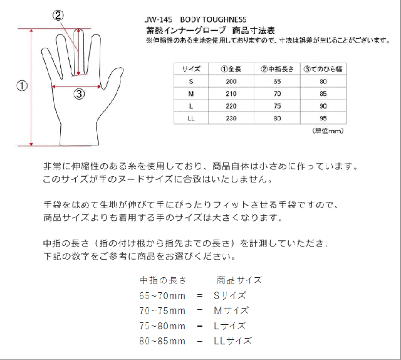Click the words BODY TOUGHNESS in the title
[x=212, y=19]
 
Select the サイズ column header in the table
[x=191, y=69]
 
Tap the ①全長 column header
[x=232, y=69]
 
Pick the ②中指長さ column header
[x=277, y=69]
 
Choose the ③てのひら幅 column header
[x=323, y=69]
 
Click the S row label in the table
[x=191, y=82]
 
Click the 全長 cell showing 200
[x=232, y=82]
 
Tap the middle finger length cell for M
[x=277, y=94]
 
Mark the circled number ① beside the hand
[x=22, y=86]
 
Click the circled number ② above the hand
[x=57, y=16]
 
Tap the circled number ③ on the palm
[x=79, y=95]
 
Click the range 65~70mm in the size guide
[x=162, y=295]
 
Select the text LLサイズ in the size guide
[x=232, y=341]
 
